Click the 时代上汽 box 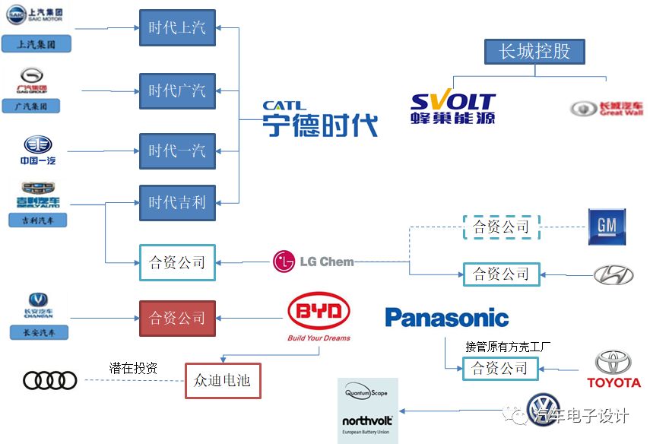click(x=177, y=28)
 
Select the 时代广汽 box click(x=177, y=91)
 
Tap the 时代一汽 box click(x=177, y=151)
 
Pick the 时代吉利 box click(x=177, y=203)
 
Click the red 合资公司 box click(x=177, y=318)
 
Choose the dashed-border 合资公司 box click(x=501, y=227)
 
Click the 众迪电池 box click(x=223, y=380)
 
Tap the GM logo click(x=607, y=227)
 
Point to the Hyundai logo click(x=613, y=274)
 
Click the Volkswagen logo click(x=543, y=408)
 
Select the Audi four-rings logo click(x=50, y=380)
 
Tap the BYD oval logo click(x=319, y=312)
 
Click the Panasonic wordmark click(x=446, y=318)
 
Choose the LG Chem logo click(x=313, y=262)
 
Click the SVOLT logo click(x=453, y=108)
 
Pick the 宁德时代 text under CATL click(x=320, y=125)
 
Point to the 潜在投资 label click(x=133, y=369)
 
